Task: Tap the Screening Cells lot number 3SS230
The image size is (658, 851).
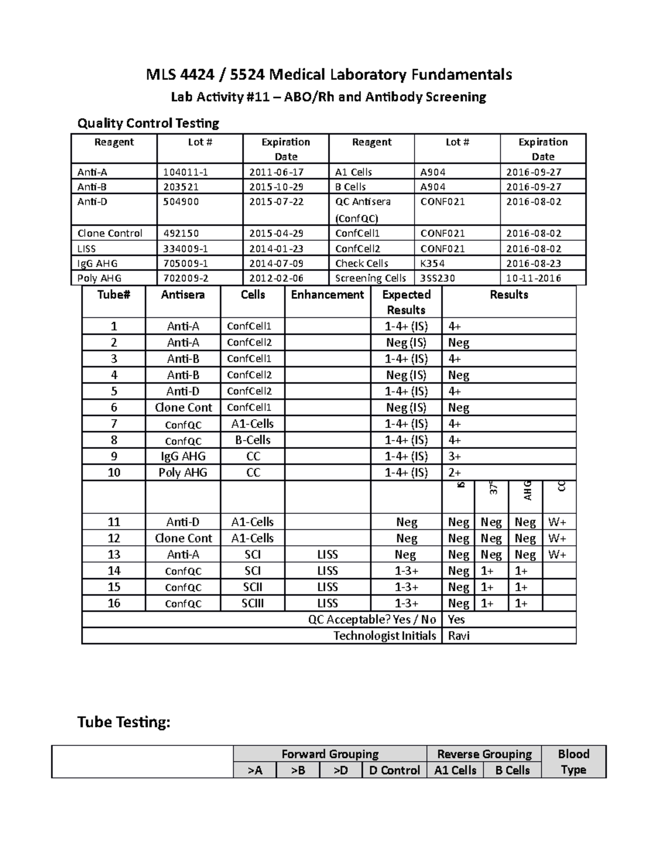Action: point(438,278)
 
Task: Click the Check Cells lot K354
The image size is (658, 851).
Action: point(432,264)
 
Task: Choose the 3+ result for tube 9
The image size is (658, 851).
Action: point(455,456)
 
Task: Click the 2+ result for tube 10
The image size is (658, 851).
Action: point(455,473)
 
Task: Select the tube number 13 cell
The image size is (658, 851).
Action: point(114,555)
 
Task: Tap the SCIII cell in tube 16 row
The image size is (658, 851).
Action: point(253,603)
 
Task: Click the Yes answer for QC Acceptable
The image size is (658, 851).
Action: point(456,620)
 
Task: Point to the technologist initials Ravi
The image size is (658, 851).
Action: point(458,636)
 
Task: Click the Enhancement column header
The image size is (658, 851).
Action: point(327,295)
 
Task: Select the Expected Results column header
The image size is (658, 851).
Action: point(406,302)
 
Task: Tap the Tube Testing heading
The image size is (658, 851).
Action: point(124,722)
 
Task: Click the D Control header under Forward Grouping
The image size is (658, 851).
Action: point(394,770)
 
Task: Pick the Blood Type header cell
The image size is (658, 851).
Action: point(574,762)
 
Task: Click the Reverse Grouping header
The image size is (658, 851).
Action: point(484,754)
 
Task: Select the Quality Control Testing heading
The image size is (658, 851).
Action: point(148,123)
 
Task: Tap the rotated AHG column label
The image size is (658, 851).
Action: point(527,490)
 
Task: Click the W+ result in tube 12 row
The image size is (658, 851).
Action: point(557,539)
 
